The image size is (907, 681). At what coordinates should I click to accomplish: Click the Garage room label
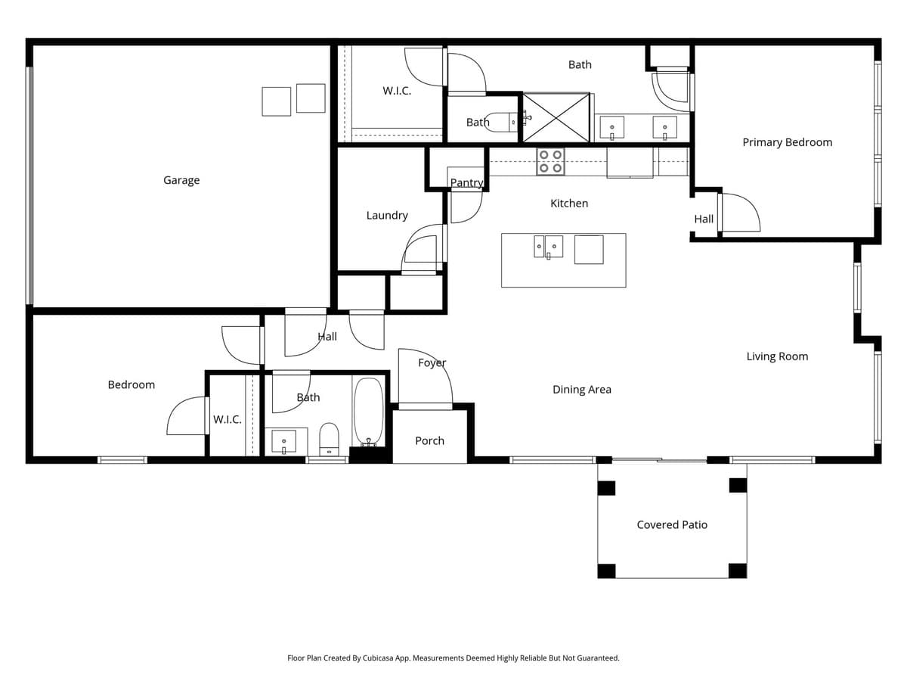(181, 180)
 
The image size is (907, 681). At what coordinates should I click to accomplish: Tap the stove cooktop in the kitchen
(549, 161)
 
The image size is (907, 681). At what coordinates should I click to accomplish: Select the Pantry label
(466, 183)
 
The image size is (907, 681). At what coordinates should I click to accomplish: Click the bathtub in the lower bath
(369, 412)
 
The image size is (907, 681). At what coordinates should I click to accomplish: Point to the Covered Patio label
(672, 524)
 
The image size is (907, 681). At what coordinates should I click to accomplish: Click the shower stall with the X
(556, 117)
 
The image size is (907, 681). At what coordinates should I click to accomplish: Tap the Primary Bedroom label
(787, 142)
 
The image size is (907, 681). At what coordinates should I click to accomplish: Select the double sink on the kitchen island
(548, 247)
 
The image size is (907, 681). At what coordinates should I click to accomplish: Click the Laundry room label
(387, 216)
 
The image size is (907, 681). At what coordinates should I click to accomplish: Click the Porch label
(429, 440)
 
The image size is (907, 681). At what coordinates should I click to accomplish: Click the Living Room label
(777, 356)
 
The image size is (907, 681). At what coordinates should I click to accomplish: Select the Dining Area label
(581, 390)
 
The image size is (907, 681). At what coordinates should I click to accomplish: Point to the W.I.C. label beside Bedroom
(227, 419)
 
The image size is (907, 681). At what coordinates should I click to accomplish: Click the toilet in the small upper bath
(499, 122)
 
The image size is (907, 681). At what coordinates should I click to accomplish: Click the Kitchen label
(568, 204)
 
